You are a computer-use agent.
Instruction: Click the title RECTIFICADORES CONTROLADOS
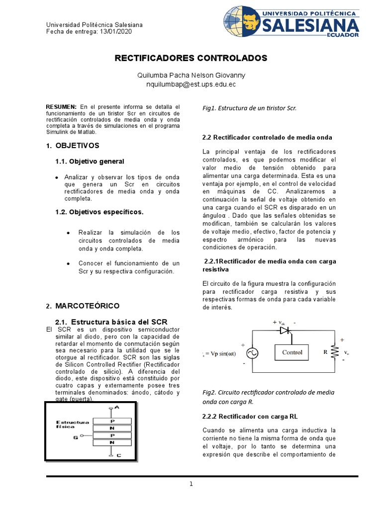tap(191, 58)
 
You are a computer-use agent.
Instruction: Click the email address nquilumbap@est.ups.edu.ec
tap(191, 85)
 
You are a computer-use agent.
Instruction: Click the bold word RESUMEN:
tap(61, 107)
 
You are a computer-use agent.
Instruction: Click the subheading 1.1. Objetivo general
tap(90, 162)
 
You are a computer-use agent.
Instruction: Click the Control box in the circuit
tap(292, 352)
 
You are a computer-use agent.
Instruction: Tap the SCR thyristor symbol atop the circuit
tap(285, 330)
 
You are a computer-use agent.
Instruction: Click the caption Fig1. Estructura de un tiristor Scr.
tap(249, 108)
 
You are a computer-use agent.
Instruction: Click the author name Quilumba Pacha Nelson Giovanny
tap(191, 75)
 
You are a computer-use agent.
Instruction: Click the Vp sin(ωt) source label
tap(221, 353)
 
